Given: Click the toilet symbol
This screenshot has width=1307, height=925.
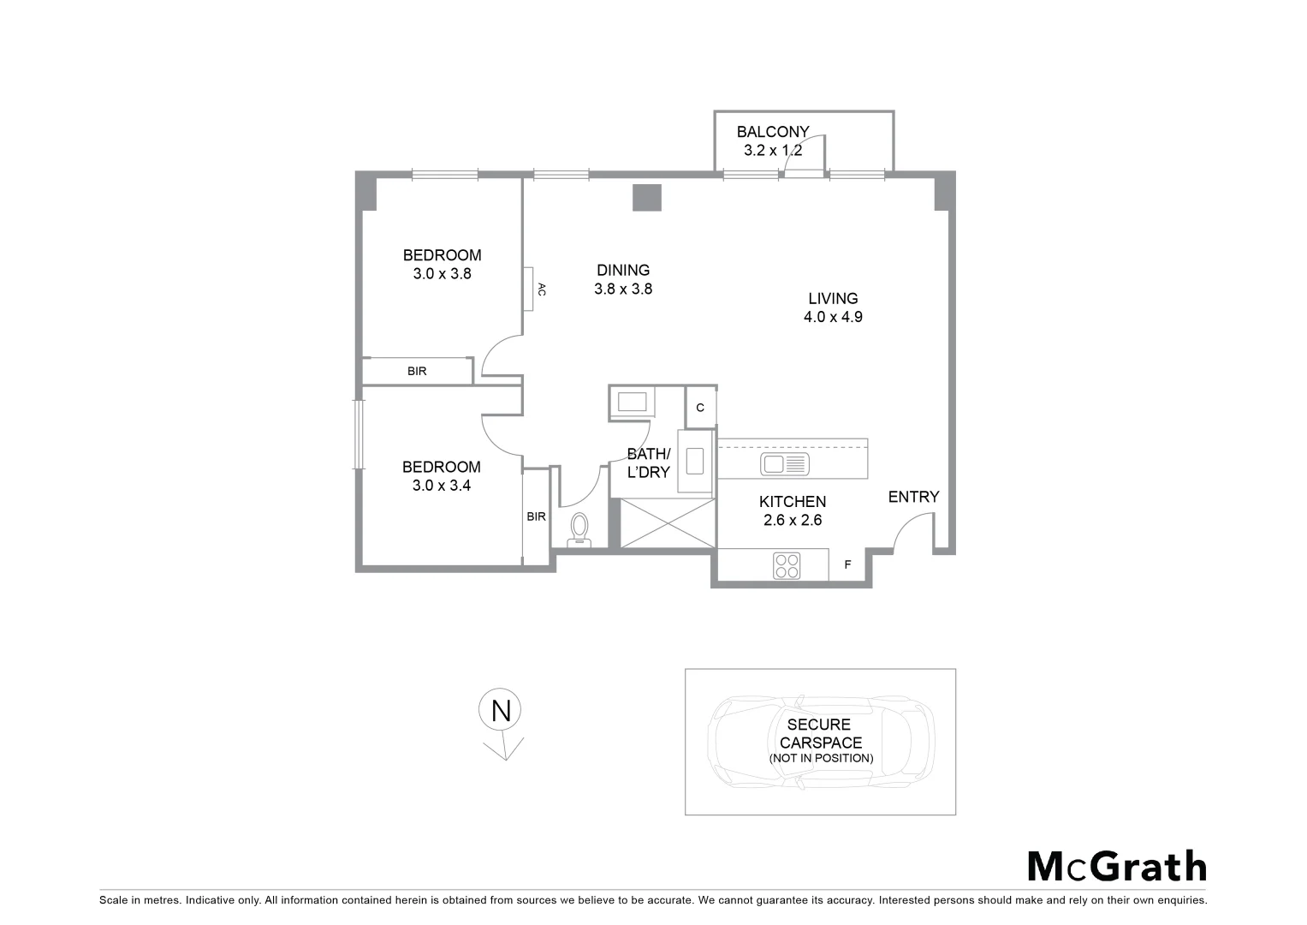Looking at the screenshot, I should coord(579,528).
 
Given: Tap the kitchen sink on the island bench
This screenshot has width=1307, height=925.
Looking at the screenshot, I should coord(784,464).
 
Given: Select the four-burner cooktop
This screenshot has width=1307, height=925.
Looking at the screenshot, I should coord(787,565).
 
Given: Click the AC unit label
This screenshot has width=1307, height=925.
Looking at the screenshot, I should coord(541,289).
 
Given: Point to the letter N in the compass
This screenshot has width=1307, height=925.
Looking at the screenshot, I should coord(501,711).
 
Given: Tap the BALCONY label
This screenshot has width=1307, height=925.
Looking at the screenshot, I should coord(773,132).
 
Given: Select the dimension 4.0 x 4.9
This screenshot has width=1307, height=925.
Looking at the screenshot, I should coord(832,317).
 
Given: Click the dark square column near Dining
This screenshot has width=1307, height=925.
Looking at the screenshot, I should coord(647,198).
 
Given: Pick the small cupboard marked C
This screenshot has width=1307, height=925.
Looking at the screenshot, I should coord(700,408).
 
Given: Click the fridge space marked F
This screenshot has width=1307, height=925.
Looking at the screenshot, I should coord(848,565).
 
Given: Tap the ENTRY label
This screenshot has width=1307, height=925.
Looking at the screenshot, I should coord(913,497).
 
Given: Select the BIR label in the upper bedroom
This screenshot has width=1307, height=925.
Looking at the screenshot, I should coord(417,372).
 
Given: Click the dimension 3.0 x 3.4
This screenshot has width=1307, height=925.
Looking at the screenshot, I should coord(442,486).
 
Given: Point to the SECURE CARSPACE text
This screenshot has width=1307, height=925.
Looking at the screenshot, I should coord(820,734).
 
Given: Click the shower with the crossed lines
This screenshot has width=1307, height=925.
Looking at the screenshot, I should coord(665,522).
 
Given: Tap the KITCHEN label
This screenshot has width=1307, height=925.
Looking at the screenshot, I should coord(793,502).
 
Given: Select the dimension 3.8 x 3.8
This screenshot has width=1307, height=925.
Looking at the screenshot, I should coord(623,289).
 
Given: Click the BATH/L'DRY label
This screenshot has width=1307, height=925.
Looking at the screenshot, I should coord(649,463).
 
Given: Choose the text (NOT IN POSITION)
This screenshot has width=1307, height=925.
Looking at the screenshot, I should coord(821,758).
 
